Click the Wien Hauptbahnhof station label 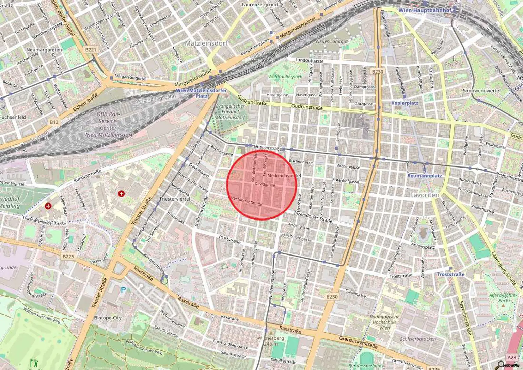425,10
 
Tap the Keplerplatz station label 405,103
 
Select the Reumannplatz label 424,176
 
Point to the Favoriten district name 425,195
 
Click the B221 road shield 91,50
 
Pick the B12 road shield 54,122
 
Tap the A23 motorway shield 511,358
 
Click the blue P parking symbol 123,290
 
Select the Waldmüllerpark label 285,77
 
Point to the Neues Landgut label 332,41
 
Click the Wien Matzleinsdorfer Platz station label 201,93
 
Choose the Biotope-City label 108,318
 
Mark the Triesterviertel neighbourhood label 175,199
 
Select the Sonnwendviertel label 481,91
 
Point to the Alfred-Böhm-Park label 503,298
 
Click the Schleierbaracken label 418,339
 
